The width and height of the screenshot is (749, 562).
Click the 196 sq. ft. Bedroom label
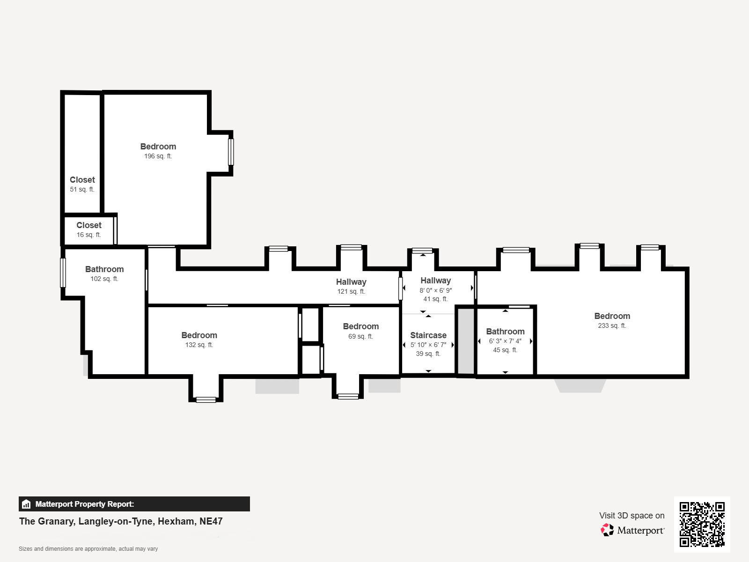tap(158, 147)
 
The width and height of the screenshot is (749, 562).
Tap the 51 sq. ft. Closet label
tap(82, 180)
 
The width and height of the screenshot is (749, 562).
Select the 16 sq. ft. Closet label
tap(89, 225)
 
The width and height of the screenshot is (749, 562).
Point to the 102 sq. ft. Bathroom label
tap(104, 269)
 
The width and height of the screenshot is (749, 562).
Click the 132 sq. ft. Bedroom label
tap(199, 335)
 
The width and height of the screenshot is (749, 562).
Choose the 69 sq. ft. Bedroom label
tap(360, 326)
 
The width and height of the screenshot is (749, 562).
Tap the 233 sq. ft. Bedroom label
tap(612, 316)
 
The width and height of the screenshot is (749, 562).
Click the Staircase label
tap(428, 335)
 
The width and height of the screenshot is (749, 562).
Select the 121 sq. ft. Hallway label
tap(351, 282)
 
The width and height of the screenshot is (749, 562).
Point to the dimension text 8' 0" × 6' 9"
tap(436, 290)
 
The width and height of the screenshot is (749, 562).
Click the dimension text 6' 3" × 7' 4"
tap(506, 341)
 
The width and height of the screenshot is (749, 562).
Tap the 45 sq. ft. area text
tap(506, 350)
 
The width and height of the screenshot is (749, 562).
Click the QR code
tap(702, 524)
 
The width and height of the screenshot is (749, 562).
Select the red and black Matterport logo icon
tap(607, 530)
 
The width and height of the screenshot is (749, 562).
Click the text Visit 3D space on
tap(632, 516)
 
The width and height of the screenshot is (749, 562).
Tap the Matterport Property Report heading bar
tap(134, 504)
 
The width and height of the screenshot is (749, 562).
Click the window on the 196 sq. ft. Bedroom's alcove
tap(231, 152)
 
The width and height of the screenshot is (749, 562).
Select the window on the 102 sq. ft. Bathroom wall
tap(63, 273)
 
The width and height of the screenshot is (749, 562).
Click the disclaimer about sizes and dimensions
tap(88, 549)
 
